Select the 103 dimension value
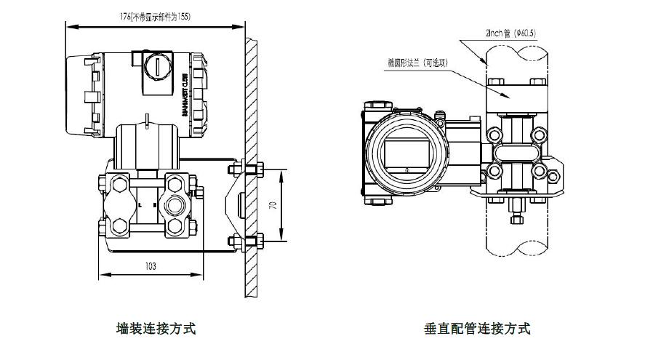[151, 266]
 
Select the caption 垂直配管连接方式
[477, 328]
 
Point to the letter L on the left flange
[139, 205]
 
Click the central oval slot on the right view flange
[518, 153]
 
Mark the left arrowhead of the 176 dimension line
[68, 25]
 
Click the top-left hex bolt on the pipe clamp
[495, 81]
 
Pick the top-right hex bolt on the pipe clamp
[539, 81]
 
